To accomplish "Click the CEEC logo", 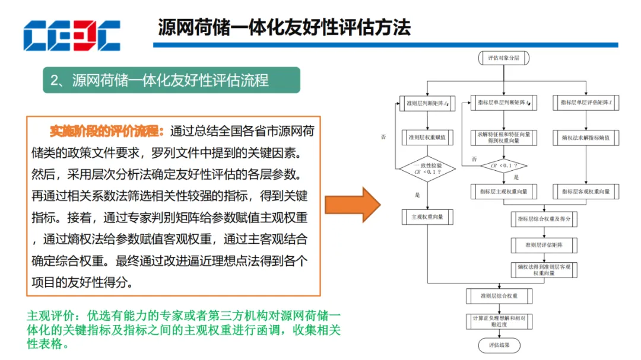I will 71,35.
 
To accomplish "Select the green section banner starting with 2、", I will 171,80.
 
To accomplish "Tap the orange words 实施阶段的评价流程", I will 103,130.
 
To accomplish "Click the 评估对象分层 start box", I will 503,58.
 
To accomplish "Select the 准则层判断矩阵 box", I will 427,103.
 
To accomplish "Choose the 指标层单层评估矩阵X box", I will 586,103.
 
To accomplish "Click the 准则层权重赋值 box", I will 427,138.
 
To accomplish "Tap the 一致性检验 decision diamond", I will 427,168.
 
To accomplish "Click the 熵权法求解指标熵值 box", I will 586,138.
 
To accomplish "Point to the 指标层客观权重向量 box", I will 586,192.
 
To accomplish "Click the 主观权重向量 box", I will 427,217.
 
